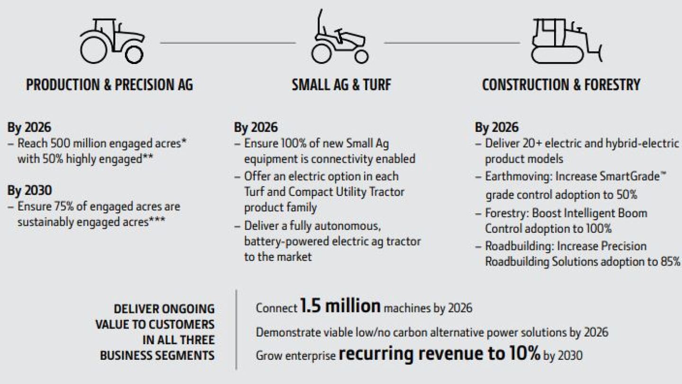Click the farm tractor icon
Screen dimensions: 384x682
coord(112,41)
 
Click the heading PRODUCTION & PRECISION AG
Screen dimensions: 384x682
coord(109,85)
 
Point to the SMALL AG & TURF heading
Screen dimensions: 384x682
coord(341,85)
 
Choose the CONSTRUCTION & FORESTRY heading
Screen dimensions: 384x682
coord(561,85)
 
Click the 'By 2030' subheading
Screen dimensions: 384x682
coord(29,191)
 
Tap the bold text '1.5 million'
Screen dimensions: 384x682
coord(340,307)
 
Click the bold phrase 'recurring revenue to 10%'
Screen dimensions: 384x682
coord(439,354)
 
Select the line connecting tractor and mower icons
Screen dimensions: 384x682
coord(228,43)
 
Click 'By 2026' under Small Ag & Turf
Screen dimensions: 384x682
coord(256,127)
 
